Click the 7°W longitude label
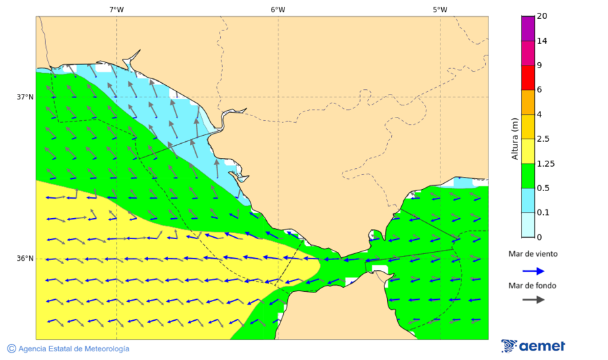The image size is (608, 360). click(116, 9)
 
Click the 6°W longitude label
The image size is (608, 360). click(278, 9)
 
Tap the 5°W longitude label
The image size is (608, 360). click(440, 9)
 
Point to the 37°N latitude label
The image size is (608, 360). click(25, 97)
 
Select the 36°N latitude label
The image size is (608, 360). click(25, 258)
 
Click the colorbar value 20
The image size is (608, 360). click(542, 16)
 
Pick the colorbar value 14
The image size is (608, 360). click(542, 41)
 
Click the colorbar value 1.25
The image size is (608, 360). click(545, 163)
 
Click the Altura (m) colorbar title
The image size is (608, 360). click(515, 138)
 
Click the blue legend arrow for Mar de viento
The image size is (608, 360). click(534, 271)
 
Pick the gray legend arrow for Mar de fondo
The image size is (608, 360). click(534, 299)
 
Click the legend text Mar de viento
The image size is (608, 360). click(533, 254)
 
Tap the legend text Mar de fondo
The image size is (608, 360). click(533, 285)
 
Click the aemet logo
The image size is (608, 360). click(533, 346)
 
